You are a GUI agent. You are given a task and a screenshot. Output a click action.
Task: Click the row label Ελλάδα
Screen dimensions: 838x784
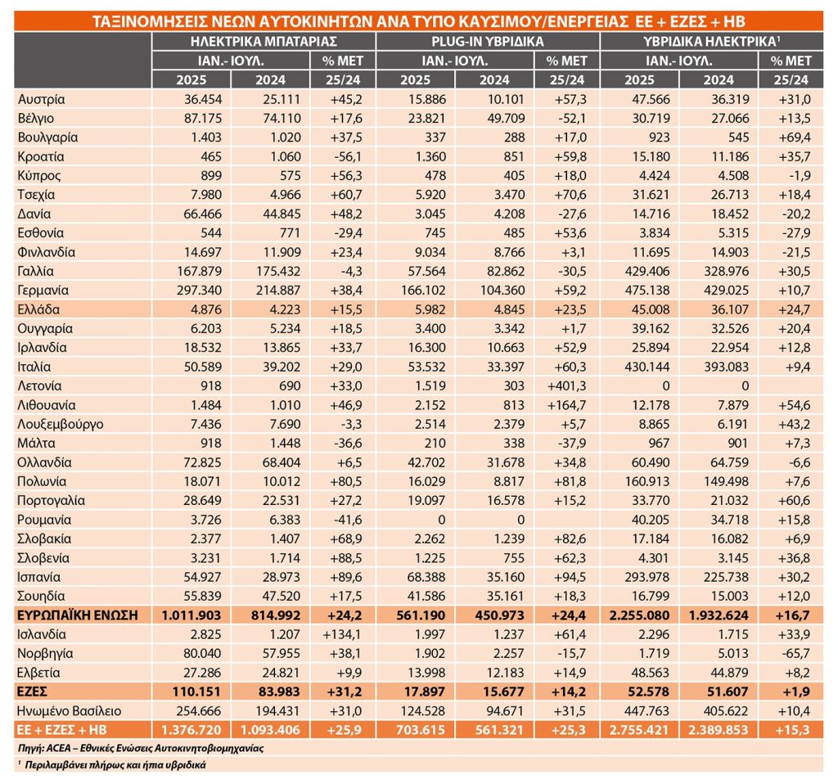coord(38,309)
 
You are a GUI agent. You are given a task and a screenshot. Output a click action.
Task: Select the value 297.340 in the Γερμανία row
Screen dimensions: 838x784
coord(200,291)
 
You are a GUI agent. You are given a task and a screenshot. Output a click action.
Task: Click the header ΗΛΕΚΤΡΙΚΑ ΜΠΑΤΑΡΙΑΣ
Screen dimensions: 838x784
coord(264,41)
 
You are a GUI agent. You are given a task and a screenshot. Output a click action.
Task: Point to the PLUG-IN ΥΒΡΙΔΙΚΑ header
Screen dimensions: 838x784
coord(488,41)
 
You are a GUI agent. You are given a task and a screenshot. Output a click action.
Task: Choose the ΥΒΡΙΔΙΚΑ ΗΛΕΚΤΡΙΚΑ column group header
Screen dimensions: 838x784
coord(711,41)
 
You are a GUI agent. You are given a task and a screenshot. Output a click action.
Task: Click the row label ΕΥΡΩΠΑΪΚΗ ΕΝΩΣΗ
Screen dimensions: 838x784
coord(78,615)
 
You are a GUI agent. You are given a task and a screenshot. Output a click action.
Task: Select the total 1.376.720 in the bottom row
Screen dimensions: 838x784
coord(191,730)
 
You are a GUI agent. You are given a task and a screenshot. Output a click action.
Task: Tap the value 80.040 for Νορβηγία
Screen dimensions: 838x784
coord(202,654)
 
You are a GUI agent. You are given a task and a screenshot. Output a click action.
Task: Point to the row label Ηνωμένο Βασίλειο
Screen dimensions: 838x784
coord(70,711)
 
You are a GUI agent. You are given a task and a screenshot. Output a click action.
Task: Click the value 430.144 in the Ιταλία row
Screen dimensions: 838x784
coord(647,367)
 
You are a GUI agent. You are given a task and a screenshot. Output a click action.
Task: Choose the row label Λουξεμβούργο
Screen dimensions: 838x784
coord(61,425)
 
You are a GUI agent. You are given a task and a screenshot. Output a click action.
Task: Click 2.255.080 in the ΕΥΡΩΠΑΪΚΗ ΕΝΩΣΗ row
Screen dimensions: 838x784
coord(639,615)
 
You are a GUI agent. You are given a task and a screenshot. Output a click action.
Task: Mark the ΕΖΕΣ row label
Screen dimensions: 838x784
coord(32,692)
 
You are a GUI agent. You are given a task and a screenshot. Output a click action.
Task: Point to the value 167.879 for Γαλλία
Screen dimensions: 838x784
coord(200,271)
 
